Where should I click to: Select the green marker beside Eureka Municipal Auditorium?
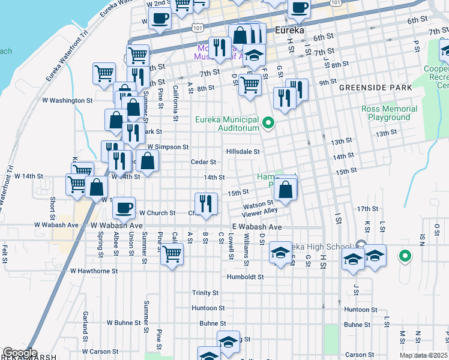pos(269,125)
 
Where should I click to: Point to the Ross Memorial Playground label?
pos(390,113)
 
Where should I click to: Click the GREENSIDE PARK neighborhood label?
pos(375,88)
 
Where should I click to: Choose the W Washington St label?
pos(67,100)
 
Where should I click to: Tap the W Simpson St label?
pos(168,146)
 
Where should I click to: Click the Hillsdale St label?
pos(243,152)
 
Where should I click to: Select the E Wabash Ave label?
pos(256,227)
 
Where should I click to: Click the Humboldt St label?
pos(245,277)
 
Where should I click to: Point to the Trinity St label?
pos(205,293)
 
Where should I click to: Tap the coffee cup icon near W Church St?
pos(124,208)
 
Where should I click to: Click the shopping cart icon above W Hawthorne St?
pos(172,254)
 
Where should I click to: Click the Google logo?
pos(20,353)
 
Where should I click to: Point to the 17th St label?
pos(367,209)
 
